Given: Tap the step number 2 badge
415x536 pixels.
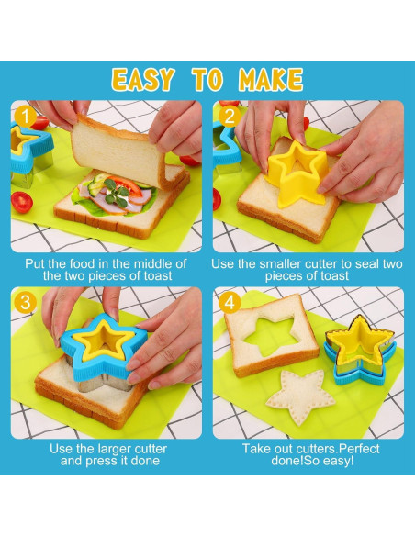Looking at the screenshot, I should coord(229,117).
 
